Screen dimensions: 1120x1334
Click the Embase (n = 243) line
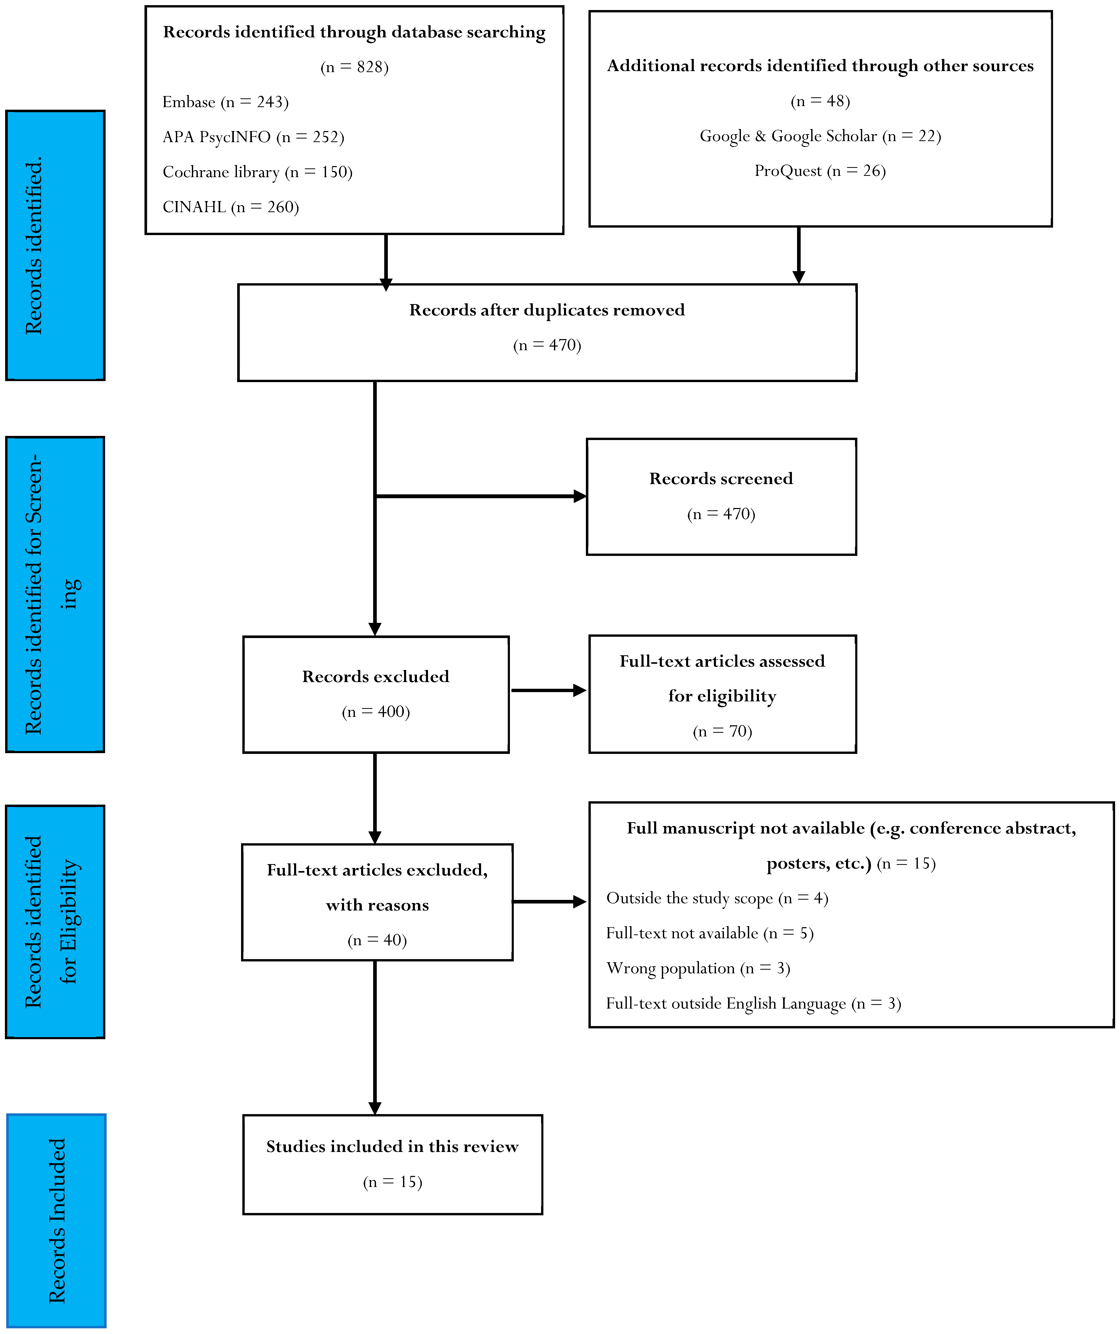coord(226,102)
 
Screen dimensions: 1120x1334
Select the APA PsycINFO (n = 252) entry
coord(253,137)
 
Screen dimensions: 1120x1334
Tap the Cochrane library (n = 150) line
coord(257,172)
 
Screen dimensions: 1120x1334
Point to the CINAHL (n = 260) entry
coord(230,207)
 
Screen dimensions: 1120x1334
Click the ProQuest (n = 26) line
coord(820,171)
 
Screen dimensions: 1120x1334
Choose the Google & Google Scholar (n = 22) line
coord(820,136)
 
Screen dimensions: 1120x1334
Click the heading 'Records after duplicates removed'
coord(547,310)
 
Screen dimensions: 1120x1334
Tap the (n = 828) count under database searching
coord(354,67)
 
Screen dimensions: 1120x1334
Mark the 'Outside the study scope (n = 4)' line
coord(717,898)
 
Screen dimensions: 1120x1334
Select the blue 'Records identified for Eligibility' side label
coord(55,922)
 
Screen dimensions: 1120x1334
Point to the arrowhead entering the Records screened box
coord(580,496)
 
